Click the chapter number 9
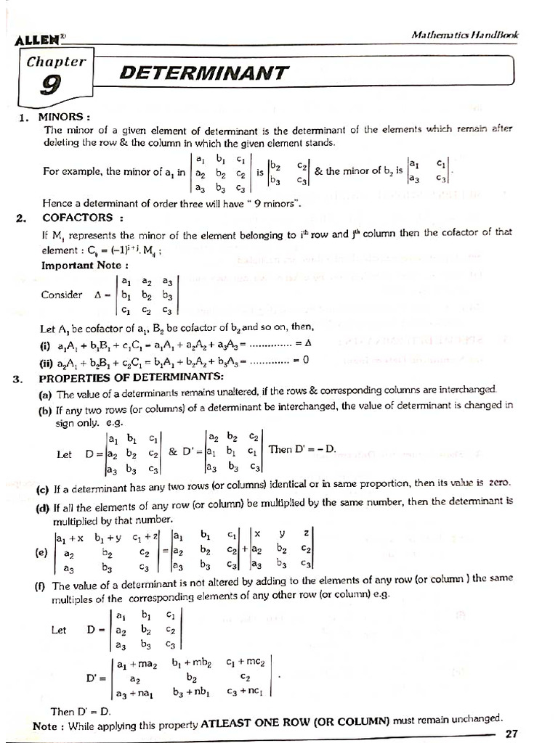pyautogui.click(x=50, y=86)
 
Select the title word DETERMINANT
pyautogui.click(x=204, y=73)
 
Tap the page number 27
pyautogui.click(x=511, y=734)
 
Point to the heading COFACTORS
pyautogui.click(x=77, y=217)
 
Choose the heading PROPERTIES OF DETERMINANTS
pyautogui.click(x=132, y=378)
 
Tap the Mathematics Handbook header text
pyautogui.click(x=464, y=34)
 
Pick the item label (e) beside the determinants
pyautogui.click(x=41, y=551)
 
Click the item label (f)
pyautogui.click(x=41, y=586)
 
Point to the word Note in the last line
pyautogui.click(x=46, y=726)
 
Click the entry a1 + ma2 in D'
pyautogui.click(x=141, y=663)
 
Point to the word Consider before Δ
pyautogui.click(x=62, y=295)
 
